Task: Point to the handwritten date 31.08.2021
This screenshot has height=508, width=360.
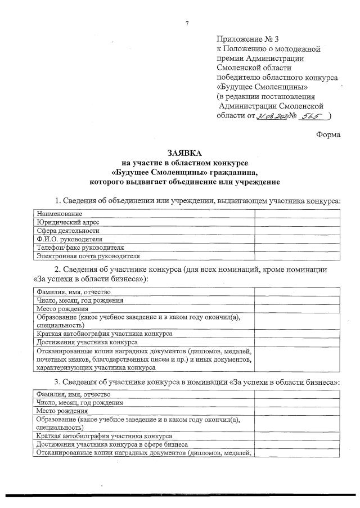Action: coord(272,116)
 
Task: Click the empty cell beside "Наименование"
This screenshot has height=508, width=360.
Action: coord(297,214)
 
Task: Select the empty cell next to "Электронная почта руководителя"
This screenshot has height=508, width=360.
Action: coord(297,256)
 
